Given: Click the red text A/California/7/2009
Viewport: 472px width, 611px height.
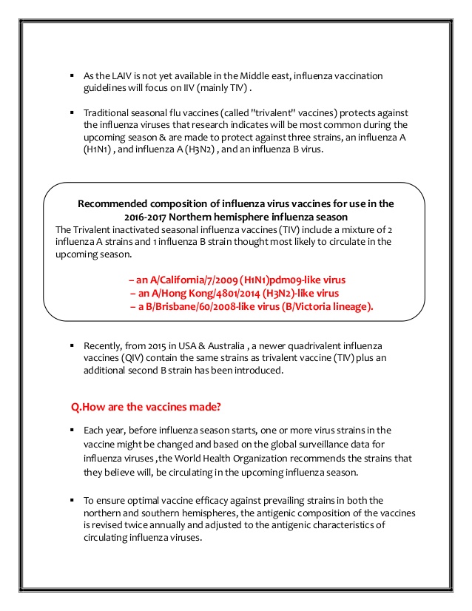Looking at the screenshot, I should tap(194, 280).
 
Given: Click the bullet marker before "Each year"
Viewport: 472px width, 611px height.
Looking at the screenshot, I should tap(72, 430).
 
